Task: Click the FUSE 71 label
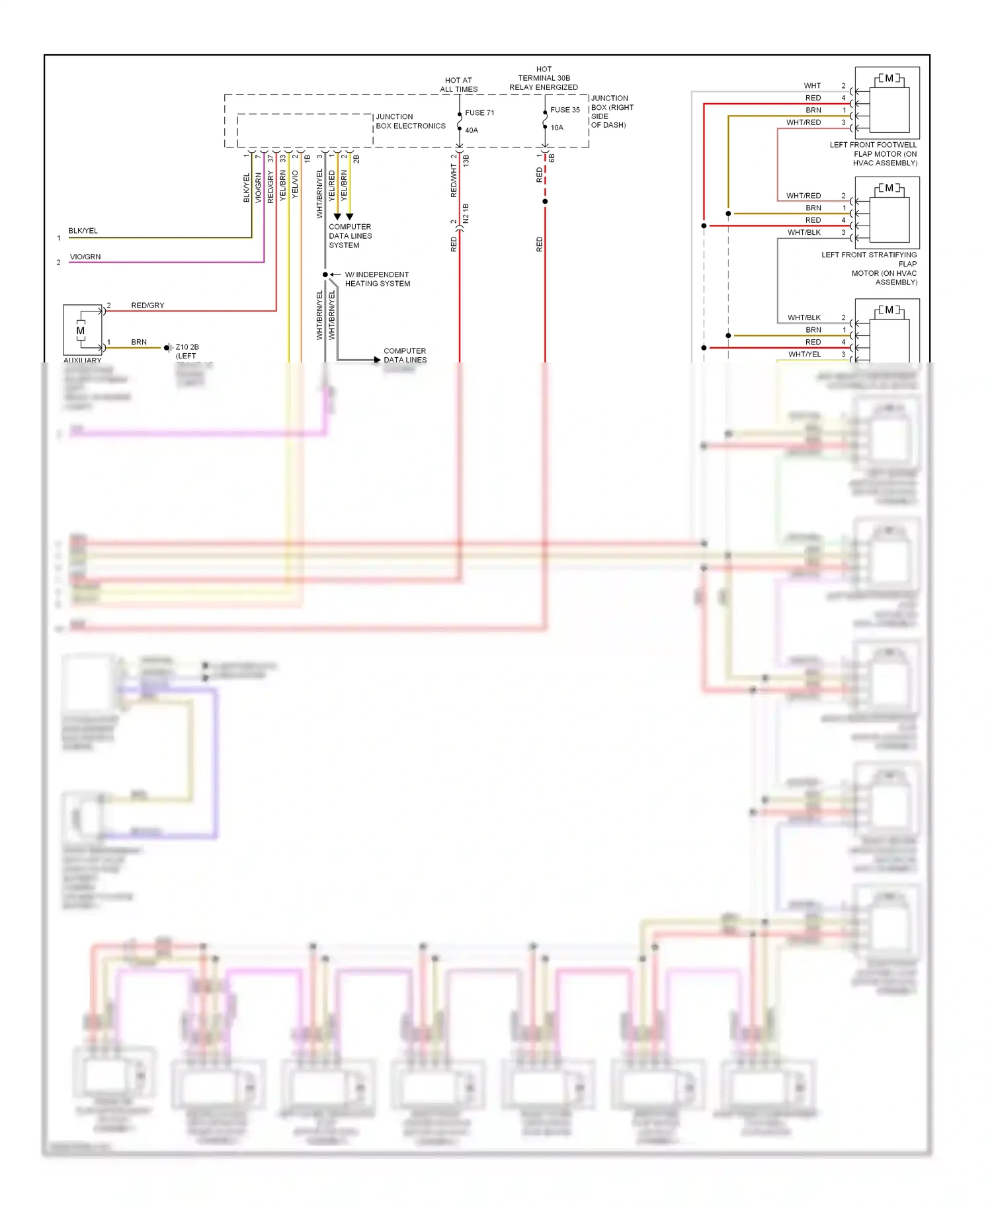(479, 112)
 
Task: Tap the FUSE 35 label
(565, 110)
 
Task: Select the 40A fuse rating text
(472, 130)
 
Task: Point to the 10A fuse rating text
(557, 128)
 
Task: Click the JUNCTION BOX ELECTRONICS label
(410, 121)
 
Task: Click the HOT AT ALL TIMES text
(458, 85)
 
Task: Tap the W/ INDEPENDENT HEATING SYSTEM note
(377, 279)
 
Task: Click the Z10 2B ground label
(187, 347)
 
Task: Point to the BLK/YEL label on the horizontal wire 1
(83, 231)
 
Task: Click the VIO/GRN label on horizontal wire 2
(85, 257)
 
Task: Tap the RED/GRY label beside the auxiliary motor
(147, 306)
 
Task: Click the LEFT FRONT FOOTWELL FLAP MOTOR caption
(874, 153)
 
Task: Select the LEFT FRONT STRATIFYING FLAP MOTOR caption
(870, 268)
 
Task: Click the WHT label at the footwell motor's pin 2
(812, 86)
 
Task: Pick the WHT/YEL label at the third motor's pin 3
(804, 354)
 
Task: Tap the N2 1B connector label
(466, 213)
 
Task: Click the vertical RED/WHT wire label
(454, 181)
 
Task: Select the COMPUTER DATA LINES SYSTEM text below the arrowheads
(350, 236)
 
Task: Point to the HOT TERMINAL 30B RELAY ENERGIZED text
(544, 78)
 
